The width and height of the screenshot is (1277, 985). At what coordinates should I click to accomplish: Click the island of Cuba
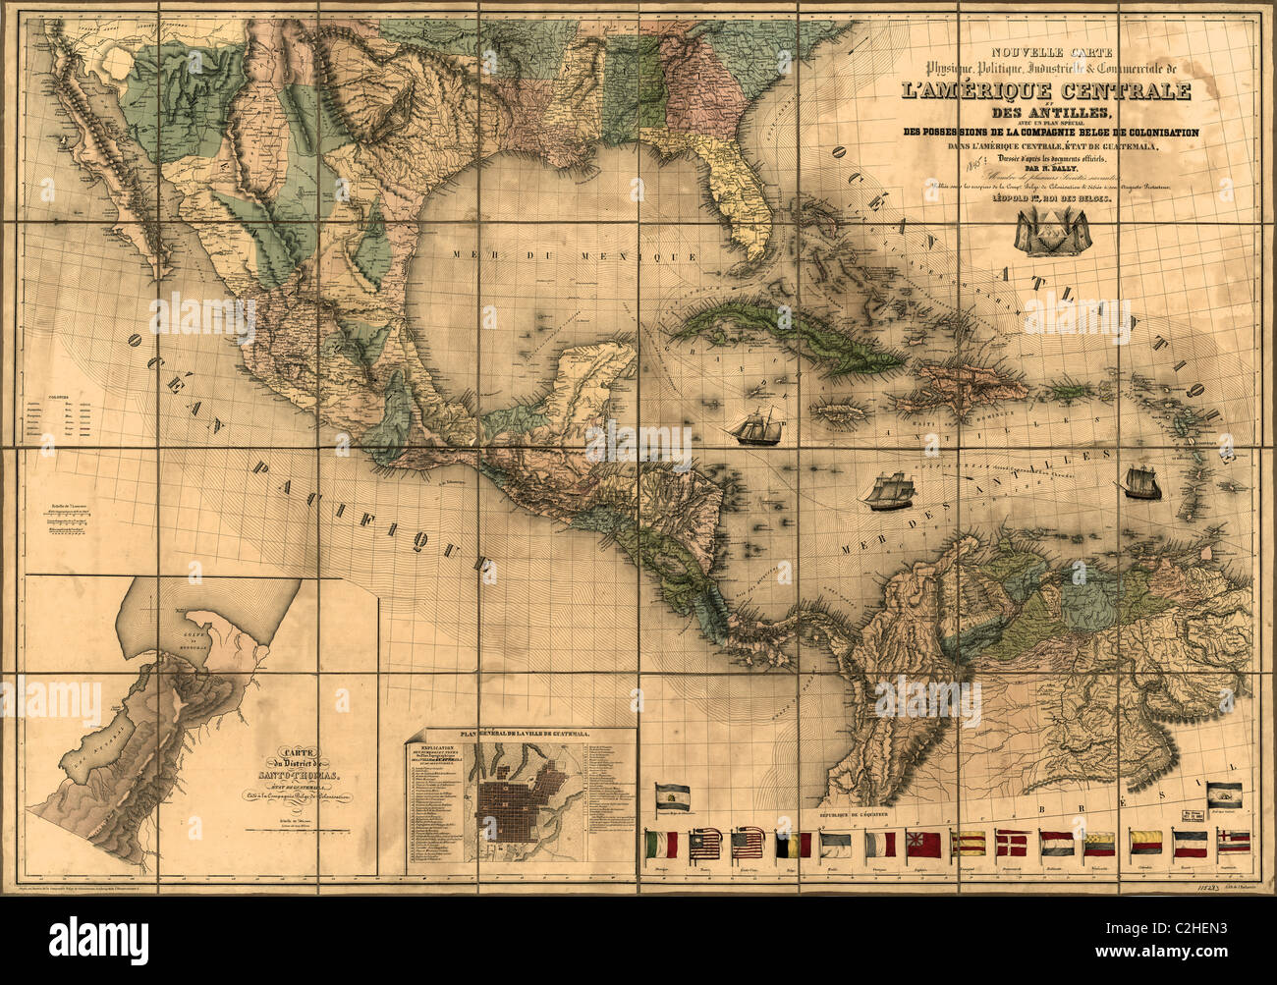point(786,334)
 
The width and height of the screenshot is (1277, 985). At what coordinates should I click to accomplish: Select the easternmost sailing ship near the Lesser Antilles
point(1139,482)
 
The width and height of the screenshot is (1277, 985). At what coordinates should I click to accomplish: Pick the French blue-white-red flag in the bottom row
point(879,843)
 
